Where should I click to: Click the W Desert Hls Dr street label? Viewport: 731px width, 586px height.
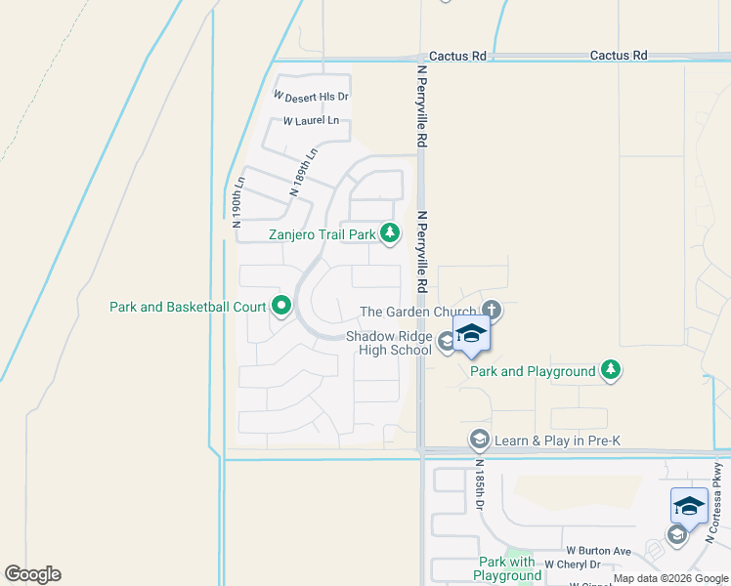pos(312,97)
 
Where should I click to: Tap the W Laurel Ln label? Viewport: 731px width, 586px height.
pos(311,121)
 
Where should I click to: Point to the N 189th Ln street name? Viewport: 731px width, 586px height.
pos(304,173)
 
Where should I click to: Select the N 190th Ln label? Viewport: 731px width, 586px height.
pos(236,202)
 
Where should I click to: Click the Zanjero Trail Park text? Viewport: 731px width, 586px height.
pos(322,234)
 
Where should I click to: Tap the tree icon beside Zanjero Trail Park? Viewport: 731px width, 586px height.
pos(390,232)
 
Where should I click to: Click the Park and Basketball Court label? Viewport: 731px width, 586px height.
pos(189,307)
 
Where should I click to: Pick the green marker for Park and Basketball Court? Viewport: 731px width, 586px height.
pos(280,307)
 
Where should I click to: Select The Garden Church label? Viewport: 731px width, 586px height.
pos(418,313)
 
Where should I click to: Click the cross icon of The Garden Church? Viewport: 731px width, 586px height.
pos(491,311)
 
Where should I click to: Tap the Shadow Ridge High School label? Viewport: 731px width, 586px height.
pos(389,343)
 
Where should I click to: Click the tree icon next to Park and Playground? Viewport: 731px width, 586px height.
pos(611,369)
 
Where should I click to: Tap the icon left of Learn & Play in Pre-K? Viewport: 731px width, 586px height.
pos(479,439)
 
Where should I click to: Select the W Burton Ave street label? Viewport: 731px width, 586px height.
pos(598,551)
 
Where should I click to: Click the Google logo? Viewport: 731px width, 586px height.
pos(32,574)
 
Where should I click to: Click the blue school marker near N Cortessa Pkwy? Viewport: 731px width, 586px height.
pos(689,505)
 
